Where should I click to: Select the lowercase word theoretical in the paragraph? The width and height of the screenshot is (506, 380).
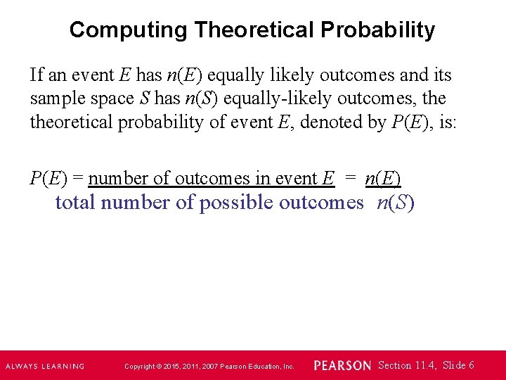pyautogui.click(x=71, y=122)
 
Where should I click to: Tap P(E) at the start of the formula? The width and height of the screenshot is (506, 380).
pyautogui.click(x=48, y=178)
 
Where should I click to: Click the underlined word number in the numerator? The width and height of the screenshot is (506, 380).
pyautogui.click(x=114, y=178)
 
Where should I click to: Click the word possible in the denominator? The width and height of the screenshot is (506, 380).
pyautogui.click(x=236, y=203)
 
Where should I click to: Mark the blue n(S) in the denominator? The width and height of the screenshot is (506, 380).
pyautogui.click(x=396, y=203)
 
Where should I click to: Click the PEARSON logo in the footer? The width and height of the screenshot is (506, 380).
pyautogui.click(x=342, y=365)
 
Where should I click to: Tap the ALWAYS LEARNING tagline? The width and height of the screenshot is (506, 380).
pyautogui.click(x=45, y=366)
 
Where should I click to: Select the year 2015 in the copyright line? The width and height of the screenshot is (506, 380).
pyautogui.click(x=172, y=366)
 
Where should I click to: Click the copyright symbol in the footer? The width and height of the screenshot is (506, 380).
pyautogui.click(x=160, y=366)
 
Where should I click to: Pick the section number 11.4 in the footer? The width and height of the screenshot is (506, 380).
pyautogui.click(x=424, y=365)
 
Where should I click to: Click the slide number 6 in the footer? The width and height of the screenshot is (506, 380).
pyautogui.click(x=471, y=365)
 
